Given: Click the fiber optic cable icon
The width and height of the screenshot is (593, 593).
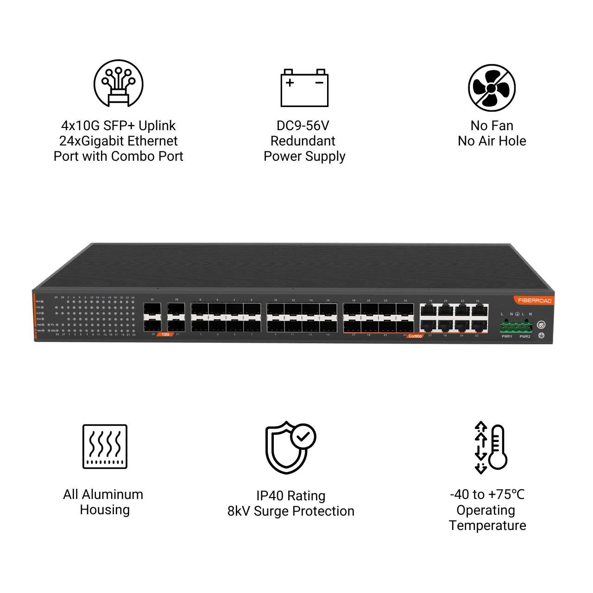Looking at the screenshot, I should [x=119, y=84].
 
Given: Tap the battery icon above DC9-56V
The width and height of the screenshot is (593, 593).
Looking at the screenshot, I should [x=304, y=88].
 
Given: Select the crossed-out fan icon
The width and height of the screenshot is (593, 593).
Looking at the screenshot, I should [x=492, y=88].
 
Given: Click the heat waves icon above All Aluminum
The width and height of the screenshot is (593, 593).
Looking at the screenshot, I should [x=105, y=447].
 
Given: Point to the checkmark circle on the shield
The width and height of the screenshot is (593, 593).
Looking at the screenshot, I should [x=303, y=436].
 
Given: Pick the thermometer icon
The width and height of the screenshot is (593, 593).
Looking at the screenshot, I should [x=497, y=448].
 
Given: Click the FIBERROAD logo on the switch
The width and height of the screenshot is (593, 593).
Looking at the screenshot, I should [x=535, y=301].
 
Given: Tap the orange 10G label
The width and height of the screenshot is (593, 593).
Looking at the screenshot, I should [x=165, y=334].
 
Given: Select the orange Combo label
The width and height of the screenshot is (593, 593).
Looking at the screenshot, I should [x=415, y=336].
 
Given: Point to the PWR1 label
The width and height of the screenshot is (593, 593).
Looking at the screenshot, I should [x=507, y=336].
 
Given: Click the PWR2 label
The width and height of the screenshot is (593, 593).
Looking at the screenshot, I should [x=525, y=336].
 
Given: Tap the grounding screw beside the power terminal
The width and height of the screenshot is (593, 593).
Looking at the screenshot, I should [x=541, y=325].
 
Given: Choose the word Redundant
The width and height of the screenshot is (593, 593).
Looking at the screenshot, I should [x=303, y=141].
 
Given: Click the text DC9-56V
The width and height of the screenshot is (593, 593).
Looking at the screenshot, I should [x=303, y=126].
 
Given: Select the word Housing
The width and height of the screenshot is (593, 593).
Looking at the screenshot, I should [x=105, y=510].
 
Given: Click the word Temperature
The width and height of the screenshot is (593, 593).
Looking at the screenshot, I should [x=487, y=525].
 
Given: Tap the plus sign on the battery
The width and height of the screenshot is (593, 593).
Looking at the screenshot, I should [x=290, y=83].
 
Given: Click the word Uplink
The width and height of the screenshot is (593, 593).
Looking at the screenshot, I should [x=157, y=126].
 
